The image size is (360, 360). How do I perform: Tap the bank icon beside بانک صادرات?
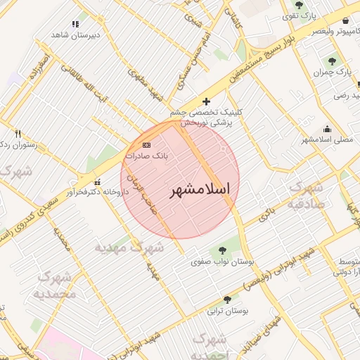pos(146,144)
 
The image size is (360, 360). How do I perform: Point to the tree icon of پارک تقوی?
pos(299,5)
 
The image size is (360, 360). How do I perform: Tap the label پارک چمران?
pos(333,72)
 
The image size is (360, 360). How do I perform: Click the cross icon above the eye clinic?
pos(206,101)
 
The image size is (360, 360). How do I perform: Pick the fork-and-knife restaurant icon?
pos(18,134)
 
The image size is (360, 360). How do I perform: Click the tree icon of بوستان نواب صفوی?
pos(223,250)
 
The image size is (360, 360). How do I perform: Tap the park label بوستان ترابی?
pos(231,310)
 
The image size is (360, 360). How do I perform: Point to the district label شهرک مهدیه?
pos(130,248)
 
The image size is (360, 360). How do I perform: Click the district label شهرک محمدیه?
pos(53,284)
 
